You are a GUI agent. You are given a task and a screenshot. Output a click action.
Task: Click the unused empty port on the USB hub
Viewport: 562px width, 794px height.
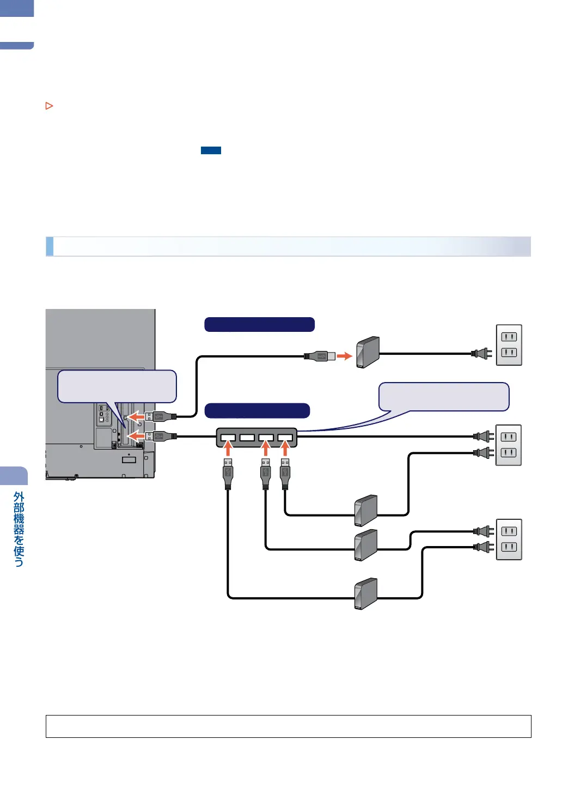pos(247,437)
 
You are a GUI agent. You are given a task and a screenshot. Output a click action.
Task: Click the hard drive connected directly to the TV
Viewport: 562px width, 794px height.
pos(368,352)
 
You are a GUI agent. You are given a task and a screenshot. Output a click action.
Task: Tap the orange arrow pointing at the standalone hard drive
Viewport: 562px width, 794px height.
pos(344,356)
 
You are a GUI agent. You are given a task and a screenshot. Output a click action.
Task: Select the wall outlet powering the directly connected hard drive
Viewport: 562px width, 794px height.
pos(509,345)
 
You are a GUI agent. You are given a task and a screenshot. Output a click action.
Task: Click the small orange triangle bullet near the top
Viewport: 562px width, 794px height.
pos(49,106)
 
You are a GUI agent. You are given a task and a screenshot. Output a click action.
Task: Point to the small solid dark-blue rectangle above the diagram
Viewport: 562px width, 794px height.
pos(211,150)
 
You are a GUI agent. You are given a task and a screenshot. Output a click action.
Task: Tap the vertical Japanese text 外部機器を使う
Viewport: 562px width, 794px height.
pos(19,529)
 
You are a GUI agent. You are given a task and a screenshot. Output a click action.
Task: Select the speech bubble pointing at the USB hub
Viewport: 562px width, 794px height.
pos(443,396)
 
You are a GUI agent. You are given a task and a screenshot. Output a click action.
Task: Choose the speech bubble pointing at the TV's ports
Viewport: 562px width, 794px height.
pos(117,386)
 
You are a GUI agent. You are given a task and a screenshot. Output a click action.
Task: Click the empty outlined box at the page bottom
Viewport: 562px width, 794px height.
pos(288,726)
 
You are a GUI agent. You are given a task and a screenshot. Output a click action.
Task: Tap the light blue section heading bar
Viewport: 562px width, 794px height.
pos(288,246)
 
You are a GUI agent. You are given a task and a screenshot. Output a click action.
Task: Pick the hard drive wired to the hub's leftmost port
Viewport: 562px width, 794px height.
pos(366,593)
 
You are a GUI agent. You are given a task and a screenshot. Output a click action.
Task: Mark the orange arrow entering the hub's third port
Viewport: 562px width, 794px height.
pos(266,448)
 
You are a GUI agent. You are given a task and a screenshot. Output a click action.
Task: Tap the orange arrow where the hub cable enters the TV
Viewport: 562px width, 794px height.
pos(136,436)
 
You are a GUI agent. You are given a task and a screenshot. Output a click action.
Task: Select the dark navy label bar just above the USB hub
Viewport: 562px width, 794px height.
pos(257,410)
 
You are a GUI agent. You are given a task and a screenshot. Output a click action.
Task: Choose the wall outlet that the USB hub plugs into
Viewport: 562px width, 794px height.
pos(509,445)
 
